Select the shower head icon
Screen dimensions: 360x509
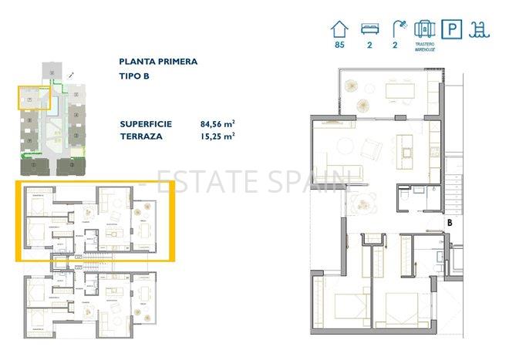coord(396,30)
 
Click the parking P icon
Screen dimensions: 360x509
coord(451,30)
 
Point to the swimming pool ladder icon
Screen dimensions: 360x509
coord(480,30)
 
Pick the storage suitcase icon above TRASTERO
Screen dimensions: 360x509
coord(424,29)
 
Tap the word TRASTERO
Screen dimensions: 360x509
coord(425,45)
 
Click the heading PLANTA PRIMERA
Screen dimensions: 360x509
coord(159,61)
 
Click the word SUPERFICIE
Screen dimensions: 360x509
coord(147,123)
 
